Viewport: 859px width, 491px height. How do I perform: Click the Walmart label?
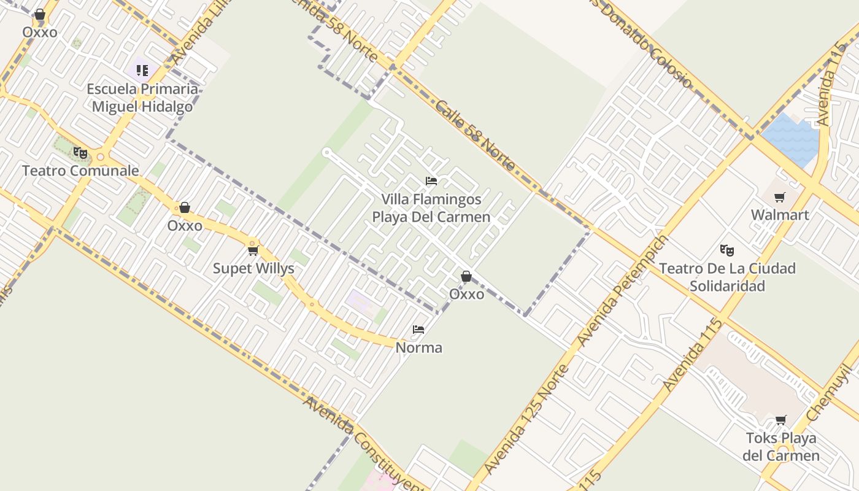(780, 215)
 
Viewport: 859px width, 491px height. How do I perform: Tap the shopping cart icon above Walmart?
(779, 197)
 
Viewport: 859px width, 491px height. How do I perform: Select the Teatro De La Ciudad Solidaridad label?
(727, 277)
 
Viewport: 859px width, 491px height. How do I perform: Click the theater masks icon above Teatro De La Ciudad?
(727, 250)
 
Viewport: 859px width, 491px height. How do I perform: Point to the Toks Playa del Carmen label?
(780, 447)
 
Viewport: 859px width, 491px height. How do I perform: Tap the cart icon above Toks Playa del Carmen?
(780, 420)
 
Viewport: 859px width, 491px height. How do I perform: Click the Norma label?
(418, 347)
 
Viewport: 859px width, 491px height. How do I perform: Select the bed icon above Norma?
(418, 330)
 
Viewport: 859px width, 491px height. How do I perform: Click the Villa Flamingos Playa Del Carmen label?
(431, 208)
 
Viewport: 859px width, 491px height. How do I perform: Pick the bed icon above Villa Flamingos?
(431, 181)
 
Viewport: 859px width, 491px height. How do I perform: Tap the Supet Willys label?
(253, 268)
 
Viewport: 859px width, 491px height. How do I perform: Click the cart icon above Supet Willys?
(253, 250)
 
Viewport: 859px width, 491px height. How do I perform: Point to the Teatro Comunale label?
(80, 171)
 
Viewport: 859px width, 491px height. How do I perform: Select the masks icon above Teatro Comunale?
(80, 153)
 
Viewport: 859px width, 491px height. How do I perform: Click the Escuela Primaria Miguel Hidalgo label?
(142, 98)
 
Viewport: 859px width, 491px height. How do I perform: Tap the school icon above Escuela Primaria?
(142, 70)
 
